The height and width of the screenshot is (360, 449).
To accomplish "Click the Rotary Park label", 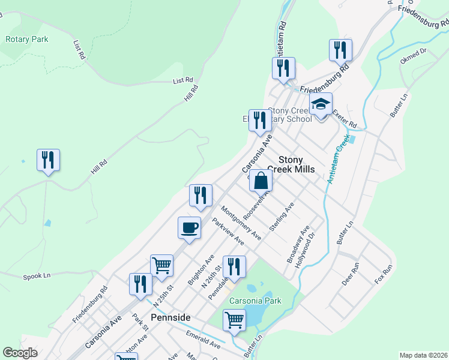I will tap(26, 40).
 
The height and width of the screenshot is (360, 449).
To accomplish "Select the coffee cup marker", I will tap(189, 228).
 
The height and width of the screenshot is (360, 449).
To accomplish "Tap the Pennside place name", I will tap(170, 317).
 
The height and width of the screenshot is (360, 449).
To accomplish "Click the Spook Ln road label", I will tap(37, 277).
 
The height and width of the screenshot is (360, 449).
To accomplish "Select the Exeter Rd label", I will tap(345, 117).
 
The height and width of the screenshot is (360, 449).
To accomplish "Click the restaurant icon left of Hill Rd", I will tap(48, 160).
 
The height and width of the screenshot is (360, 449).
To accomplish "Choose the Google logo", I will tap(20, 353).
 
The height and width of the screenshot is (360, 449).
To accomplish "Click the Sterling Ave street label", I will tap(282, 217).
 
